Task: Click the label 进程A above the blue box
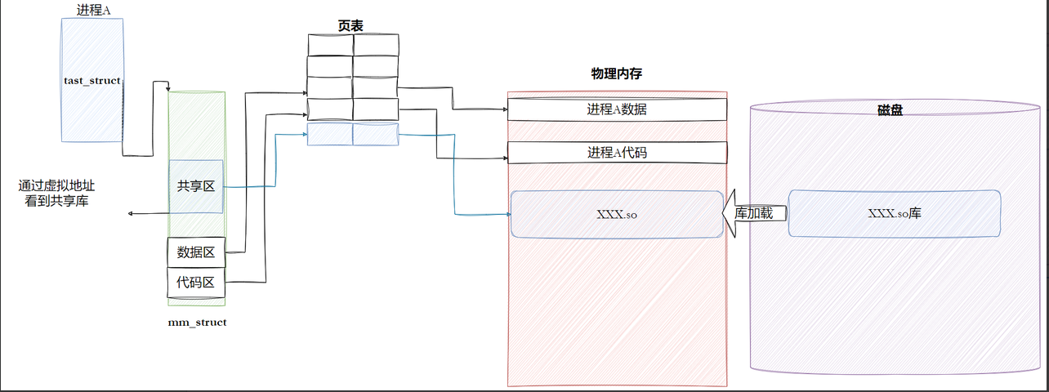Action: click(x=92, y=11)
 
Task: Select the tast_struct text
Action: click(x=92, y=81)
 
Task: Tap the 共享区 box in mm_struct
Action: click(x=196, y=186)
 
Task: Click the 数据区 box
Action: click(x=196, y=252)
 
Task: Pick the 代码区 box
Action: click(x=196, y=283)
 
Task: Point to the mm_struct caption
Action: click(x=197, y=323)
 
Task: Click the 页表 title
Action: click(x=350, y=26)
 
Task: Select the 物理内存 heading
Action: click(x=617, y=74)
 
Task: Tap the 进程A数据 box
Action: click(x=617, y=109)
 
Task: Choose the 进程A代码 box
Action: click(x=617, y=152)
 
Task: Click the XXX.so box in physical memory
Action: click(x=617, y=214)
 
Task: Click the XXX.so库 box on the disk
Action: click(x=895, y=213)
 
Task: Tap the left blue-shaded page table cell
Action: click(x=330, y=135)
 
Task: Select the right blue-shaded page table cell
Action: click(x=376, y=135)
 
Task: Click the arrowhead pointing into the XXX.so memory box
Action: click(x=506, y=216)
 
